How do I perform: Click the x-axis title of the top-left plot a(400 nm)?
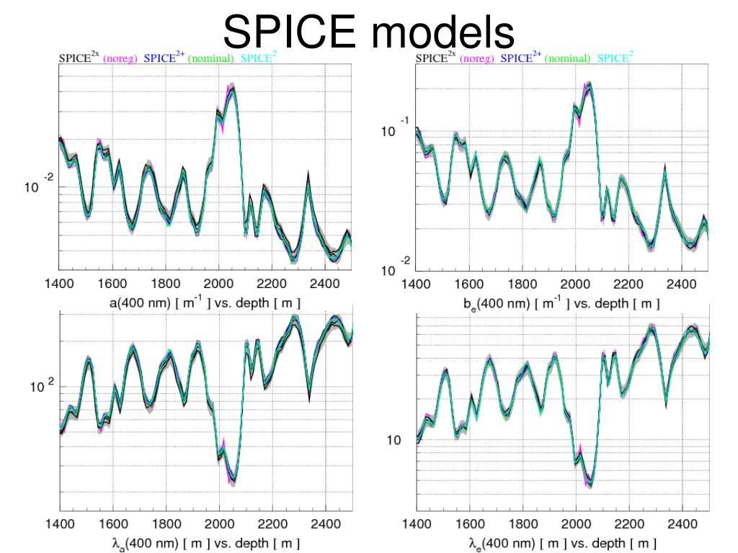coord(205,303)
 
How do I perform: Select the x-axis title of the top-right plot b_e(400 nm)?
coord(561,304)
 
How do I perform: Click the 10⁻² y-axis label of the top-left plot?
coord(40,187)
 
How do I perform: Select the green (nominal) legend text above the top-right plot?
coord(567,58)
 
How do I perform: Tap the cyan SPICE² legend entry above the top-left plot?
coord(257,58)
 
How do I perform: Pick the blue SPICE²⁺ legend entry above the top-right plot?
coord(520,58)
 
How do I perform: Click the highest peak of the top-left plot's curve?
coord(231,91)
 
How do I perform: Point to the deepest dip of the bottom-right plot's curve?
coord(590,482)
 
